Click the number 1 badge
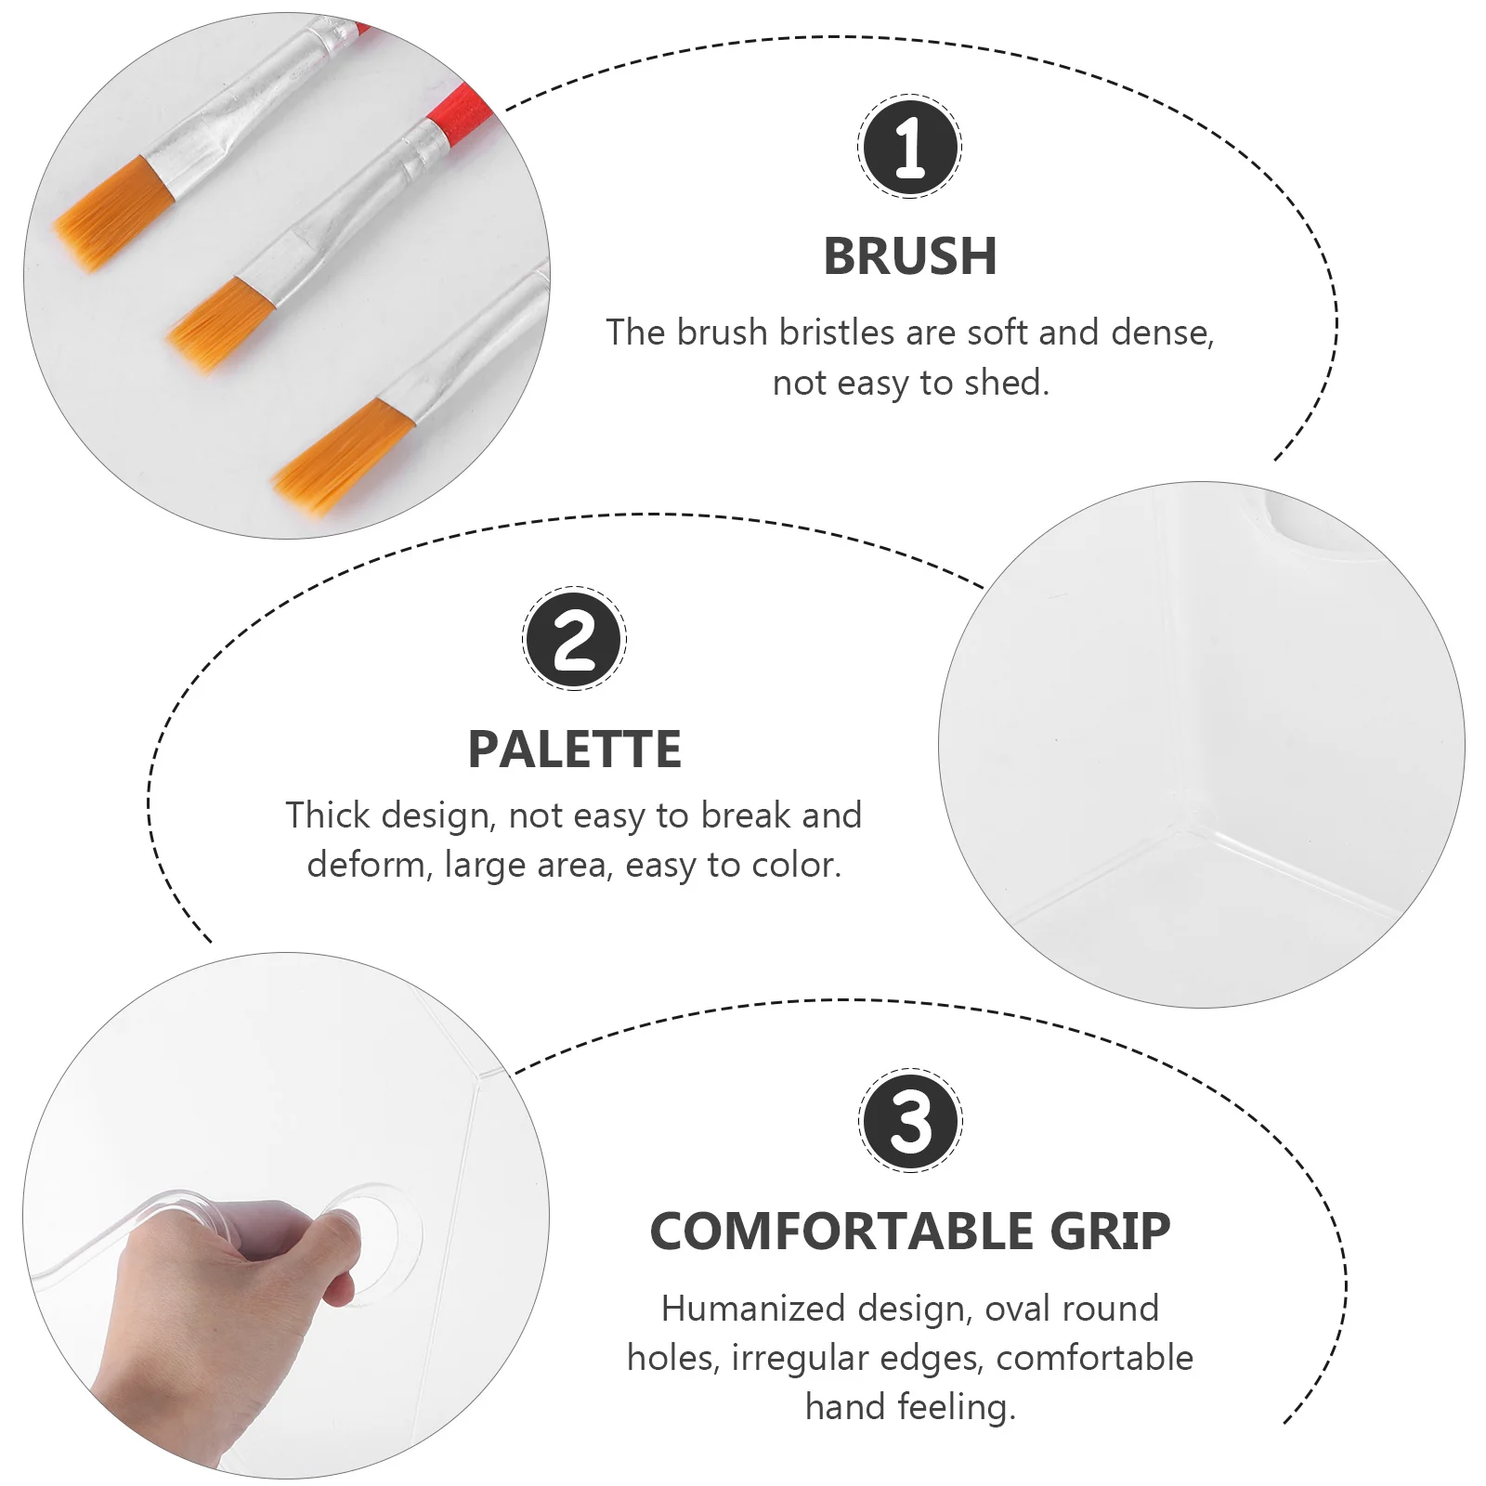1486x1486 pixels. pos(909,147)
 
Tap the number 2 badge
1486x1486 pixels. pos(574,639)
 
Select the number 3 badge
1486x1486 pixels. pos(909,1120)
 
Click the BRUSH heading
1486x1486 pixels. pos(909,256)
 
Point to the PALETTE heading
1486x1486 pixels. pos(574,750)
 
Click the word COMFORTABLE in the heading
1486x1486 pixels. pos(841,1232)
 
